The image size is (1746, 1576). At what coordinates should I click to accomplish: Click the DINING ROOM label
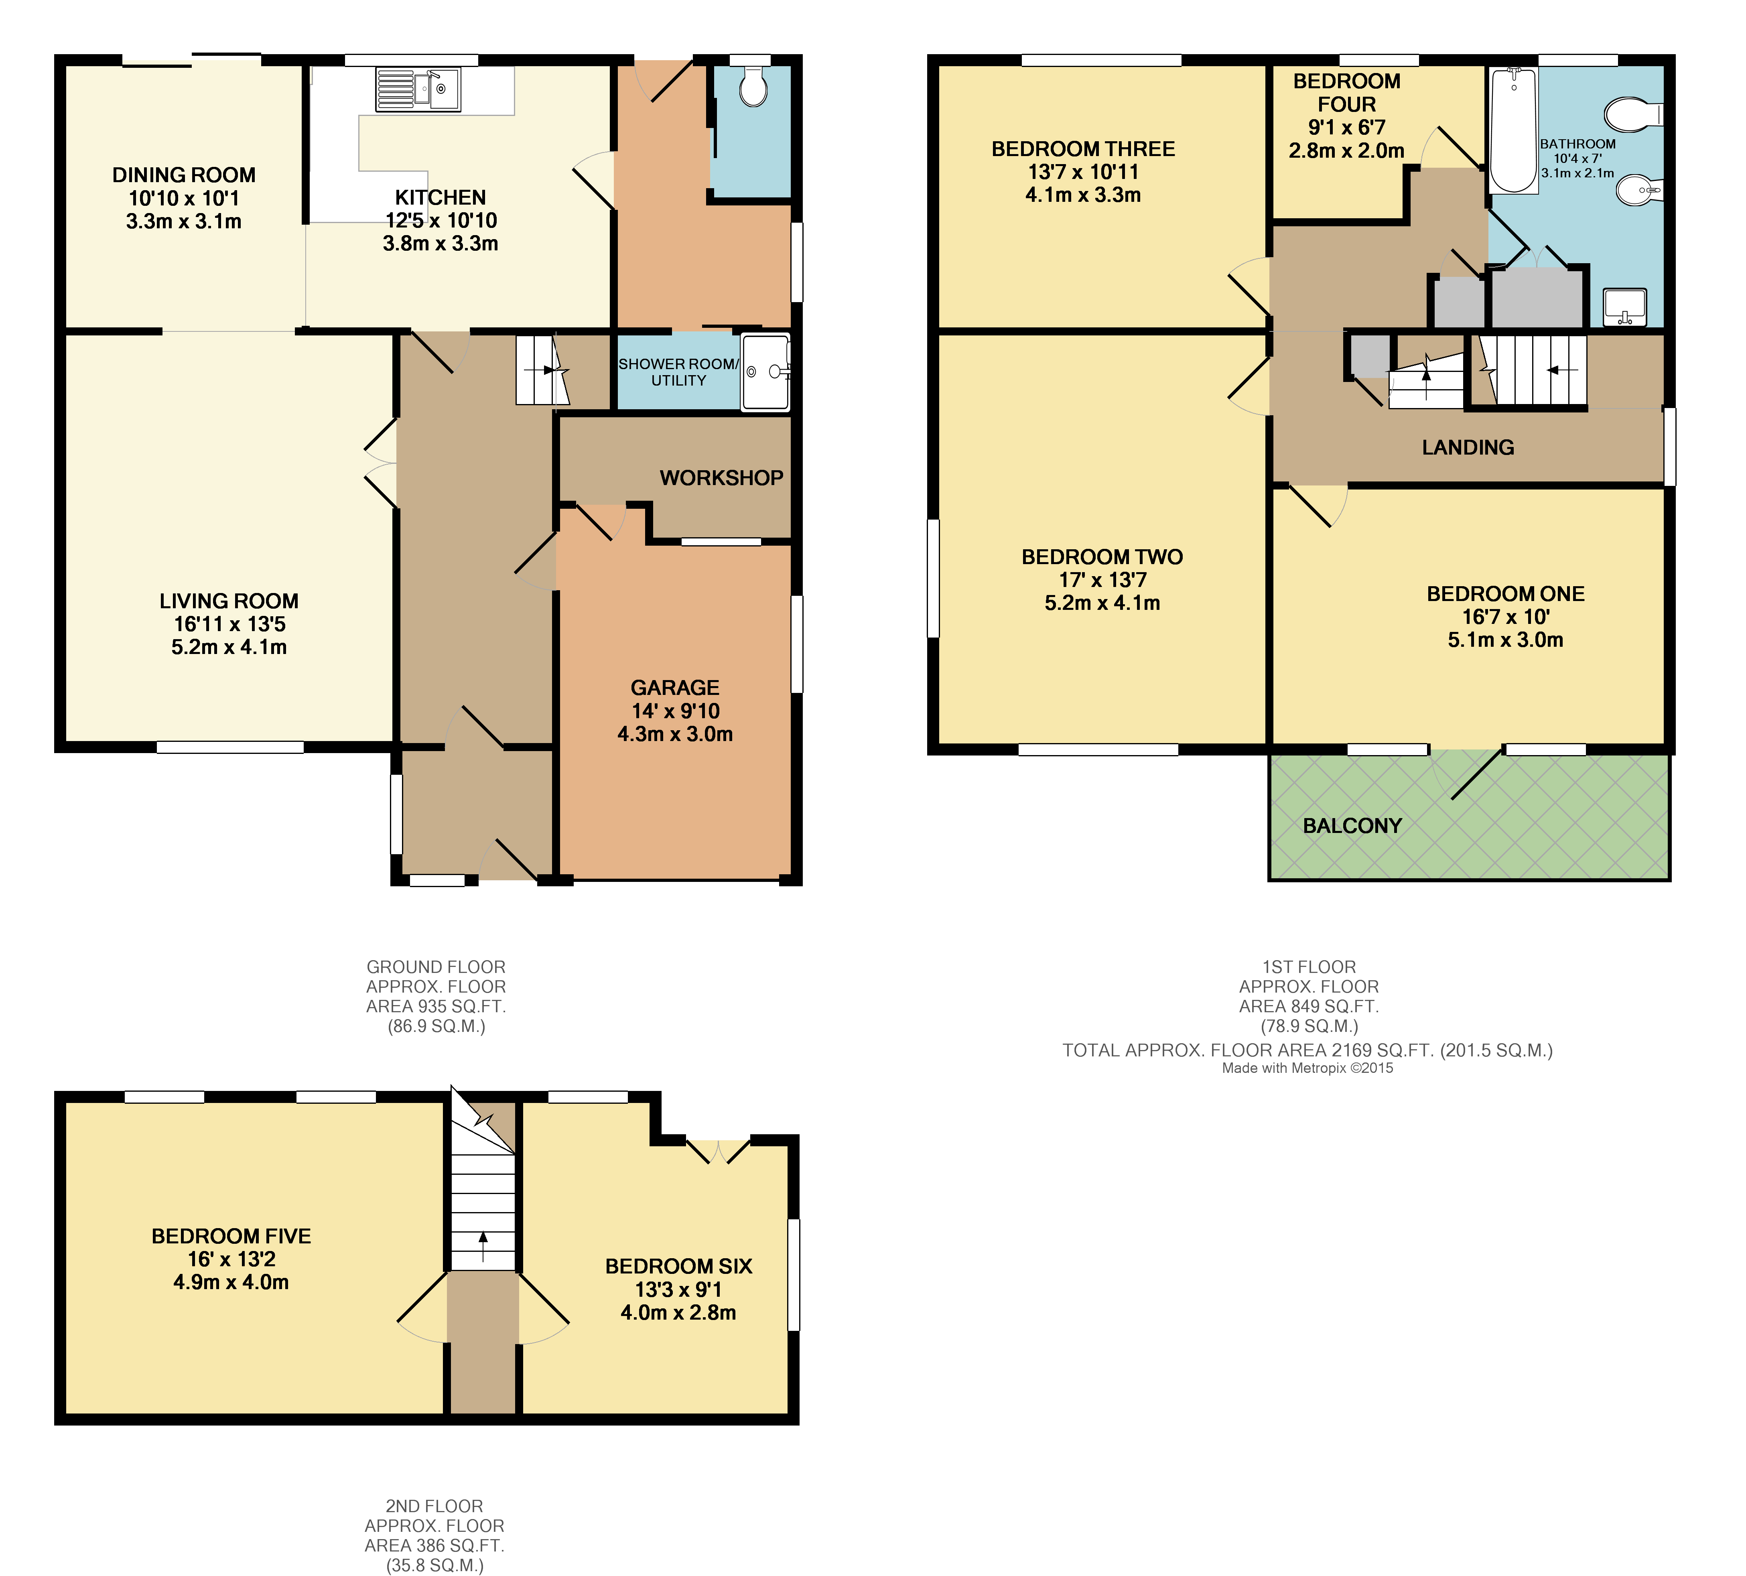click(183, 175)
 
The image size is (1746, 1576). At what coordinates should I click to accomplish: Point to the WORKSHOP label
click(721, 478)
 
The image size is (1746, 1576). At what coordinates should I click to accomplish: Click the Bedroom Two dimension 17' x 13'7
click(1102, 580)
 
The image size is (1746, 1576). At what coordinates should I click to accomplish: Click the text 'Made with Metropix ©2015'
click(1307, 1068)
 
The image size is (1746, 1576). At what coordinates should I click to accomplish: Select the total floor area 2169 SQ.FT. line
click(1307, 1050)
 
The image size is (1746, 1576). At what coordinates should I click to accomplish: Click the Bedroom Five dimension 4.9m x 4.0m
click(231, 1282)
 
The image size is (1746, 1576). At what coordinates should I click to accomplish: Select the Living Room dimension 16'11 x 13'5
click(229, 624)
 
